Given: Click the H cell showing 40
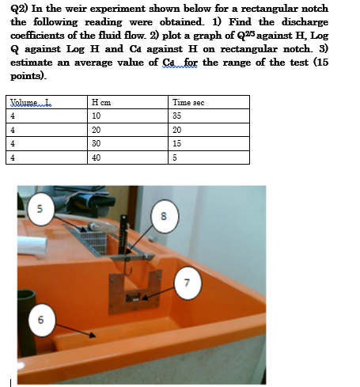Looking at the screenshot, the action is point(97,157).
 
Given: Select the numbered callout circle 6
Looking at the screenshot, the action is point(32,319).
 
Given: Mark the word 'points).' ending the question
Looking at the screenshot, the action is point(28,76).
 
